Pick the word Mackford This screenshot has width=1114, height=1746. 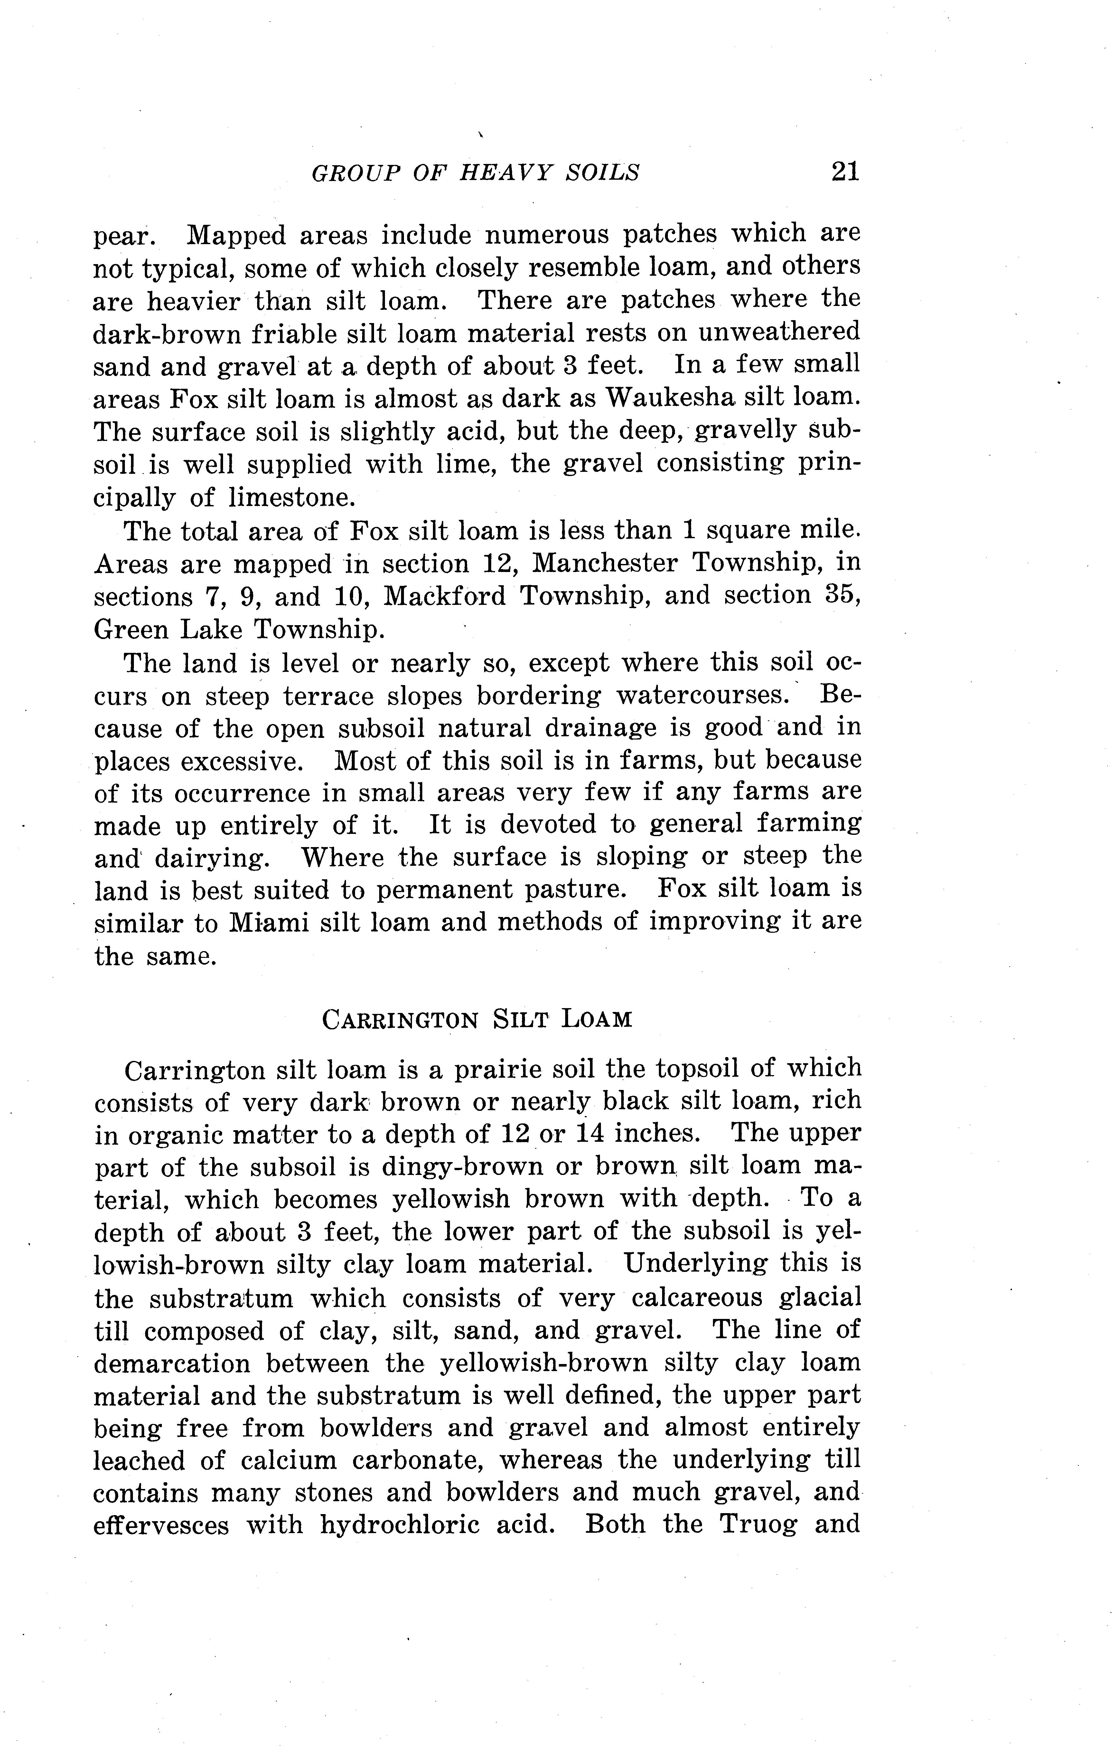click(x=444, y=596)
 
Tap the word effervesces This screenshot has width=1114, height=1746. click(x=161, y=1526)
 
